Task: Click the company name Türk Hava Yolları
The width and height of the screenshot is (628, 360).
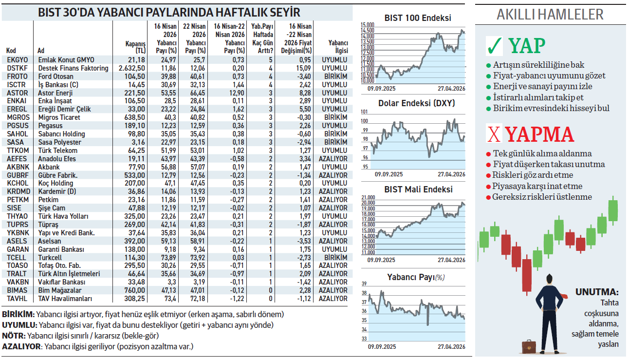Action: [x=63, y=216]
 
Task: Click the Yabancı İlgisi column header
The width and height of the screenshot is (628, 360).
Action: [x=338, y=47]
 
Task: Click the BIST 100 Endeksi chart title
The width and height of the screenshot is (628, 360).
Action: [x=417, y=18]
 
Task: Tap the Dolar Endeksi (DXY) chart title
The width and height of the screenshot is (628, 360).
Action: [x=417, y=103]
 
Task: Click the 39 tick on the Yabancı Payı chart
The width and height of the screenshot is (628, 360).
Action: [x=364, y=284]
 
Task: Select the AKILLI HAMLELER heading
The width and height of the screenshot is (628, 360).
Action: [x=550, y=15]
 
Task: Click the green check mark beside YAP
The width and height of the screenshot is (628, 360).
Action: [x=495, y=46]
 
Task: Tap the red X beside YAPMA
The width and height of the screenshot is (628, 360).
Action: [x=494, y=134]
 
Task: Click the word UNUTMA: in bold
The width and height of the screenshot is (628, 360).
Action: [x=597, y=292]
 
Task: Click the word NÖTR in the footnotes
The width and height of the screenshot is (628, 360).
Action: [x=13, y=336]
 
